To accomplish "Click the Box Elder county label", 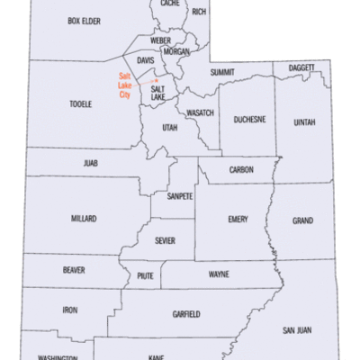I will [x=83, y=20].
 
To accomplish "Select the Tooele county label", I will [x=80, y=104].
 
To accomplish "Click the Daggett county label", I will [x=301, y=67].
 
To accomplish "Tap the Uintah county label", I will [x=303, y=122].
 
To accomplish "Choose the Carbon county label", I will [x=241, y=169].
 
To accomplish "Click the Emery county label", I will [x=238, y=219].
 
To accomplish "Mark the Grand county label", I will [x=302, y=220].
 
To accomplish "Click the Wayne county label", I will [x=219, y=274].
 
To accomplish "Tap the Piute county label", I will [x=146, y=276].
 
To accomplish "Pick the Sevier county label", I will [x=164, y=240].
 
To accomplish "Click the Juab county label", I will [x=88, y=165].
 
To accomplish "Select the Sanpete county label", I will [x=179, y=196].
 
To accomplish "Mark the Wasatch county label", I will [x=200, y=112].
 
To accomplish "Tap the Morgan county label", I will [x=176, y=52].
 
